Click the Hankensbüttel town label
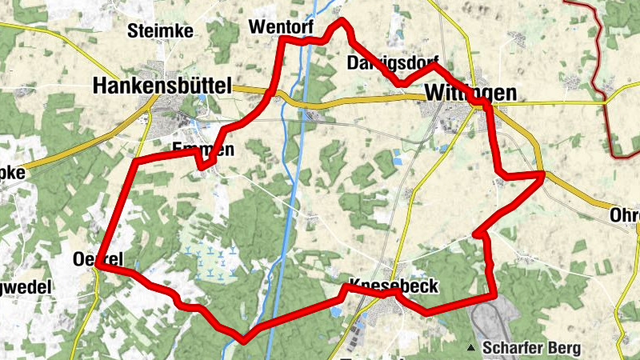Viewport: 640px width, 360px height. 162,85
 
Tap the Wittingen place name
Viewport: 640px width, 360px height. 470,92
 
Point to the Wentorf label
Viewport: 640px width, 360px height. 278,26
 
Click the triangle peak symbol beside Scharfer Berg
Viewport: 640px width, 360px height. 472,348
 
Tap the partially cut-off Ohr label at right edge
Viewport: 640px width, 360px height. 625,215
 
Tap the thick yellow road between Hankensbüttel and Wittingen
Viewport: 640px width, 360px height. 360,100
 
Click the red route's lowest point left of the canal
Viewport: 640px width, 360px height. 242,339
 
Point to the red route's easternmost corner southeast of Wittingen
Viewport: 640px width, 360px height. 542,174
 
